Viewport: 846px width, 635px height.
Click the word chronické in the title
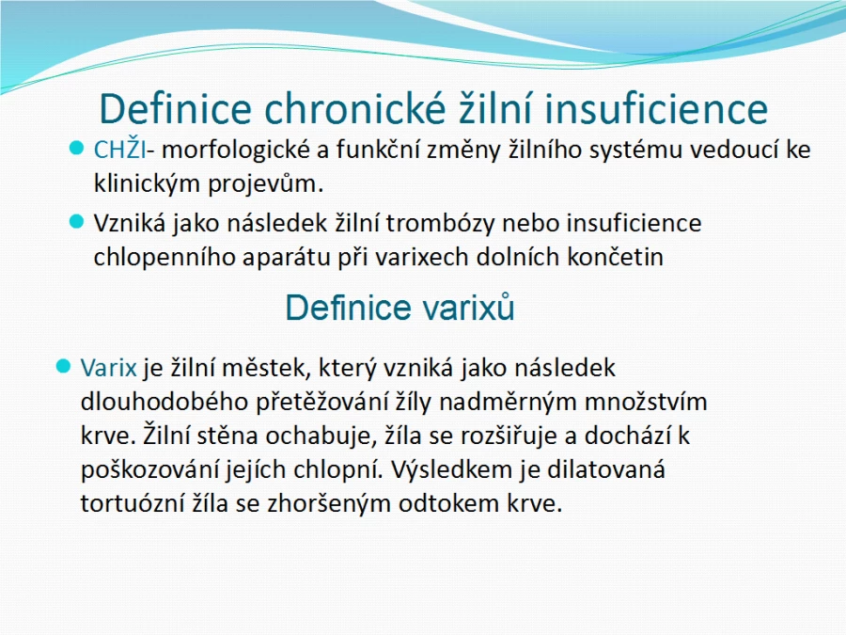(355, 108)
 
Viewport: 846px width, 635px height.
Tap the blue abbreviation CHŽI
(119, 149)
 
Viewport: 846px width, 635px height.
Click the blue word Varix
(108, 368)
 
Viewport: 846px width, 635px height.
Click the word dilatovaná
(606, 469)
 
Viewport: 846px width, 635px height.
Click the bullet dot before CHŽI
(77, 149)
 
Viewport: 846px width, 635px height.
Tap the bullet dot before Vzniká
(77, 222)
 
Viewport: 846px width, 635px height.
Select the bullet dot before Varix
(64, 367)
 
